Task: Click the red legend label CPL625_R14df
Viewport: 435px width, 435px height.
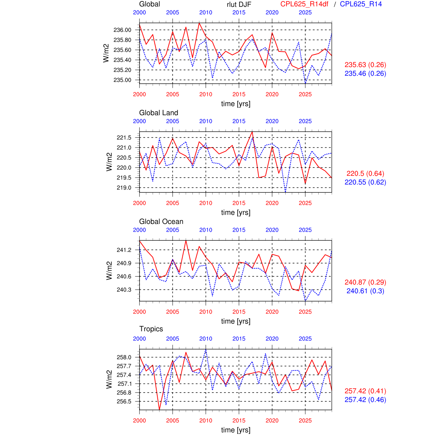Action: tap(304, 4)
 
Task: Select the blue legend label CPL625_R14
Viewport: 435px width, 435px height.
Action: tap(361, 4)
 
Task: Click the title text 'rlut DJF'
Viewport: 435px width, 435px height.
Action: tap(239, 4)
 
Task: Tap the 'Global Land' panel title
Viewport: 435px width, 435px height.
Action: tap(158, 113)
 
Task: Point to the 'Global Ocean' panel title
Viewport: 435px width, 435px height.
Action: tap(161, 221)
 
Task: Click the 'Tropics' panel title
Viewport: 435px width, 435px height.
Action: tap(151, 329)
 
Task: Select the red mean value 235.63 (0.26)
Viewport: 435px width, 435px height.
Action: tap(365, 65)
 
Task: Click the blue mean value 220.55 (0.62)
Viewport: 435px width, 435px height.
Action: tap(365, 182)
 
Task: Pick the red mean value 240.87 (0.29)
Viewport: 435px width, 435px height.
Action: tap(365, 282)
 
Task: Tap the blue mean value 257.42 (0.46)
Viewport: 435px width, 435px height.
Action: tap(365, 400)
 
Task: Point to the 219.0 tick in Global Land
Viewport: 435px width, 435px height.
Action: tap(124, 188)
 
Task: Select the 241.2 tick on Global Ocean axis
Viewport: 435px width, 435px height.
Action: tap(124, 250)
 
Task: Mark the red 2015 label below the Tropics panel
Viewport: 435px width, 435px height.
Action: tap(239, 420)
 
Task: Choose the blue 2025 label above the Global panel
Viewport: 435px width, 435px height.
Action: tap(305, 12)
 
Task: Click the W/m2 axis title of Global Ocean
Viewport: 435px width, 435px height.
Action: tap(109, 270)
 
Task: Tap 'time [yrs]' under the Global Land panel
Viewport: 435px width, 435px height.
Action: tap(236, 212)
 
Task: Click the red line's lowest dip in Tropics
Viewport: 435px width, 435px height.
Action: tap(159, 410)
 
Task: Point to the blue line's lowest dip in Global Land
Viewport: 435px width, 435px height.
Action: tap(286, 192)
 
